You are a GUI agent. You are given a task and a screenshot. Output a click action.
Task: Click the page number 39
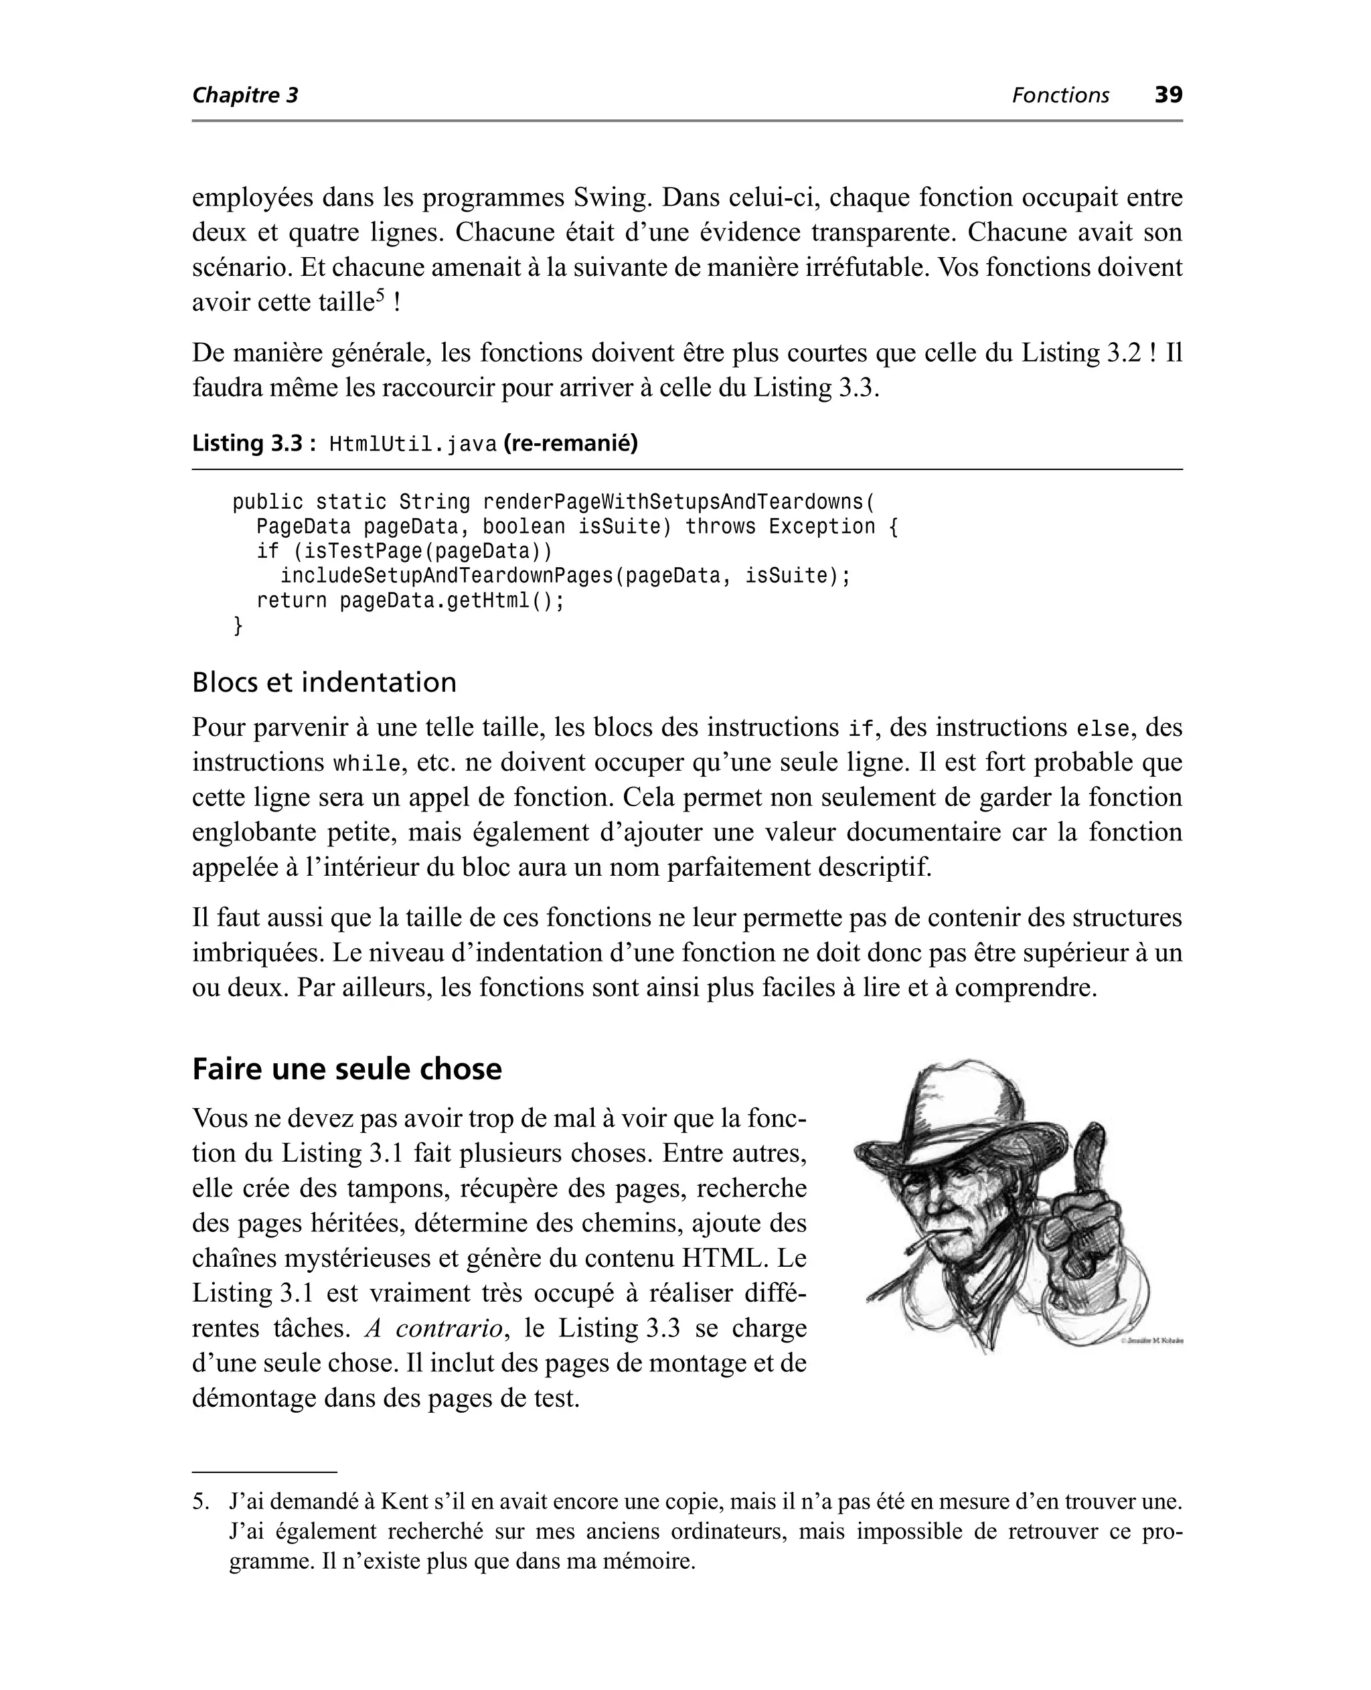coord(1168,95)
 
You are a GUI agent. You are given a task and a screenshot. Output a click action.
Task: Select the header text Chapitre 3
coord(245,96)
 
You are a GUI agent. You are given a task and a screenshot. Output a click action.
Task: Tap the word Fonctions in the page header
coord(1060,96)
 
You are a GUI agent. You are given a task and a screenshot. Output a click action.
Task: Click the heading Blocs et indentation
coord(324,682)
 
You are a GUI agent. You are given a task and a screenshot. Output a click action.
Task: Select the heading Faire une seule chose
coord(347,1069)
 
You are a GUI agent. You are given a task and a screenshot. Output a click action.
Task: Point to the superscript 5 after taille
coord(379,295)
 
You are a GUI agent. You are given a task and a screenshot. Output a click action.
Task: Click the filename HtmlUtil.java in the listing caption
coord(412,445)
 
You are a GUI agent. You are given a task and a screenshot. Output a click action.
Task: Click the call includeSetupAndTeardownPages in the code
coord(447,576)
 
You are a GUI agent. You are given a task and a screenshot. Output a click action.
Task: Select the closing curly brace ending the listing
coord(238,625)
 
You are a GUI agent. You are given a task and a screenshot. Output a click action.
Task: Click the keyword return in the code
coord(291,601)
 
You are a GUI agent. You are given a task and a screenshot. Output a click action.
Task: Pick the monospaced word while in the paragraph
coord(366,765)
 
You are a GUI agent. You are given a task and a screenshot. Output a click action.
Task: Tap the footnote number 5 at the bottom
coord(199,1501)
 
